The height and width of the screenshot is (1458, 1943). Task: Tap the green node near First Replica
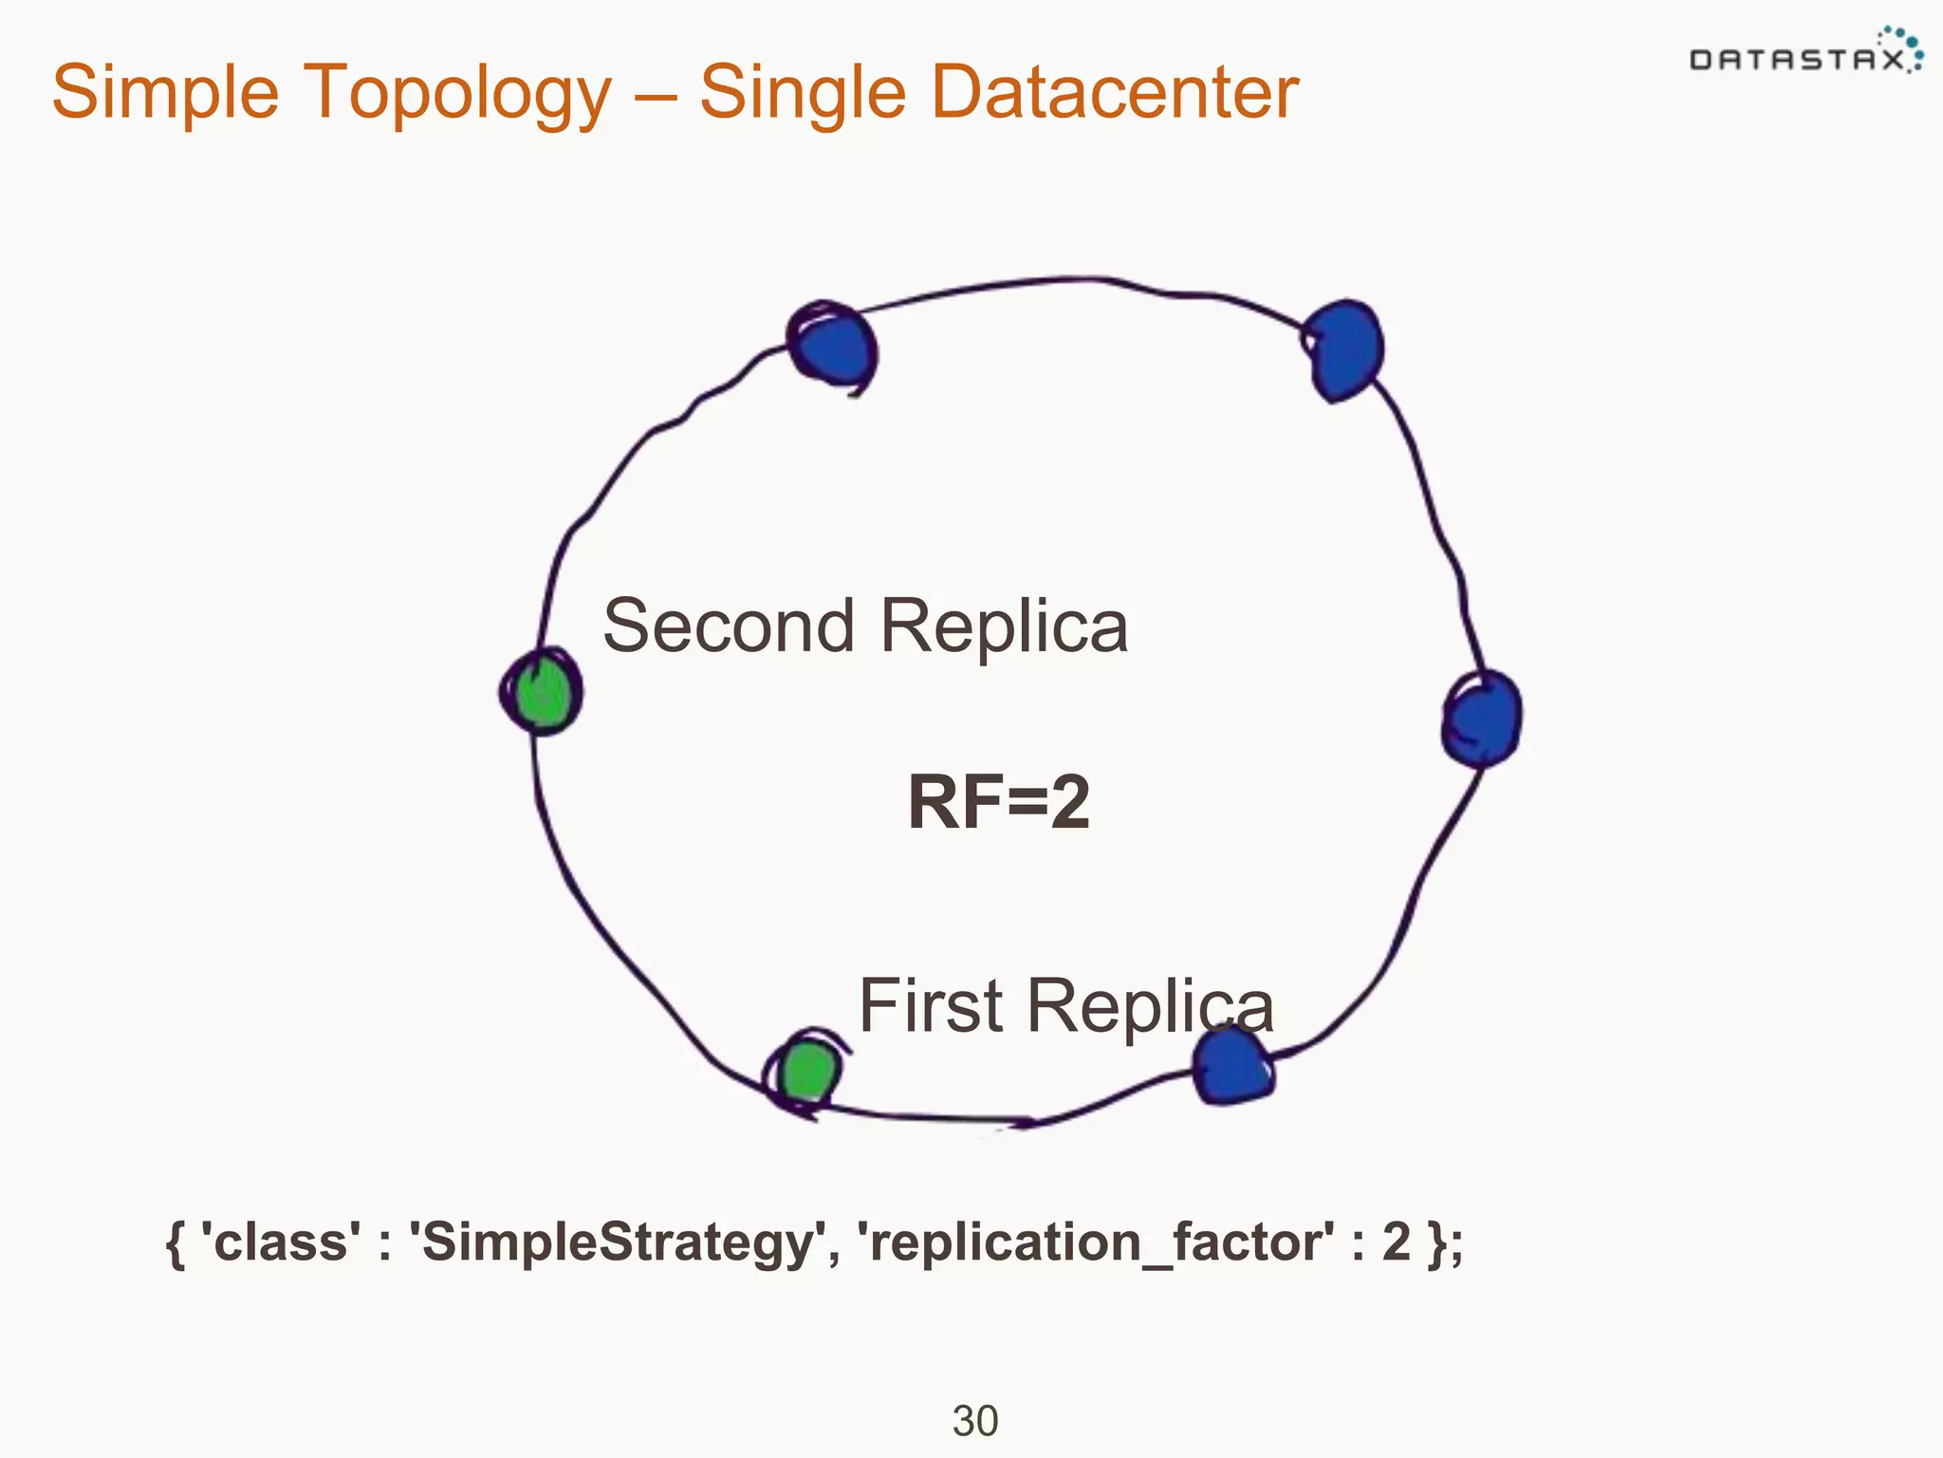(x=807, y=1071)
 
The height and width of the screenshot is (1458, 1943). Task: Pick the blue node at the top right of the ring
(x=1343, y=349)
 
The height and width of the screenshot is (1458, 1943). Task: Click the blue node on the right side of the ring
(x=1482, y=718)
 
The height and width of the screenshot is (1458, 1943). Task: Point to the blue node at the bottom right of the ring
(x=1231, y=1067)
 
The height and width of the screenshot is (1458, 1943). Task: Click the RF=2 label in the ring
(x=998, y=803)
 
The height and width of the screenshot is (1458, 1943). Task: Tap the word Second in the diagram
(x=729, y=626)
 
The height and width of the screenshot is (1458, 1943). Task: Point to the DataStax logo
(x=1805, y=53)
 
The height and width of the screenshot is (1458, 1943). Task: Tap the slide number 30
(x=974, y=1421)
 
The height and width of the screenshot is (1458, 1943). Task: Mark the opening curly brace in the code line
(x=175, y=1243)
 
